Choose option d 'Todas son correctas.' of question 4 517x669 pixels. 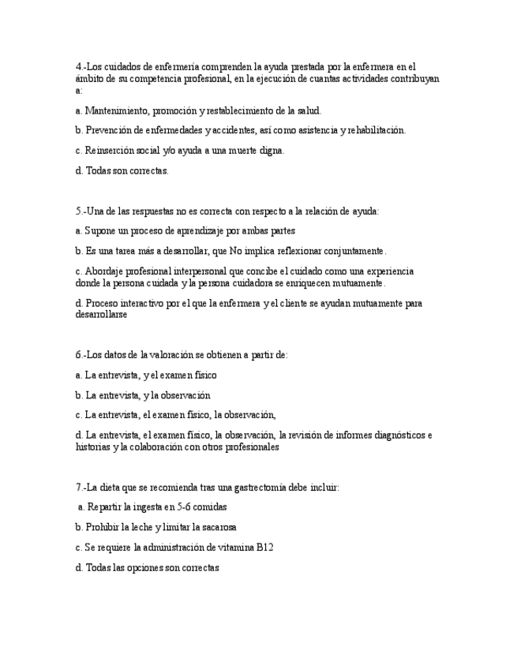[122, 170]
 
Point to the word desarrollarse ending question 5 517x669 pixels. [101, 314]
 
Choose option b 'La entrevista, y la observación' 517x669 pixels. [143, 395]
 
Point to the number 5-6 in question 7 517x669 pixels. [186, 507]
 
